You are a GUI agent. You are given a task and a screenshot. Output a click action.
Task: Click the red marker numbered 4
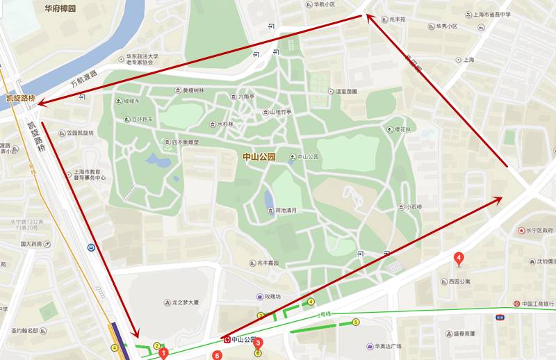click(458, 260)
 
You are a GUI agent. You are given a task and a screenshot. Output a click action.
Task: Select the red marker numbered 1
click(163, 353)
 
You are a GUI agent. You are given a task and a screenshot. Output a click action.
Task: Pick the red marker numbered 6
click(218, 355)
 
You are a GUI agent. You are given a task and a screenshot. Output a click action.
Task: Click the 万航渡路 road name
click(84, 81)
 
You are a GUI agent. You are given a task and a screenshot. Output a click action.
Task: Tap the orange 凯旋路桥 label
click(21, 99)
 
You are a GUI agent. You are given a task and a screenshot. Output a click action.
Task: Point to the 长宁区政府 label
click(539, 230)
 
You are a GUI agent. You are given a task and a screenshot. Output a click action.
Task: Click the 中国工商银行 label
click(539, 304)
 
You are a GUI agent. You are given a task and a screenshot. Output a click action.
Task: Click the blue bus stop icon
click(91, 247)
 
